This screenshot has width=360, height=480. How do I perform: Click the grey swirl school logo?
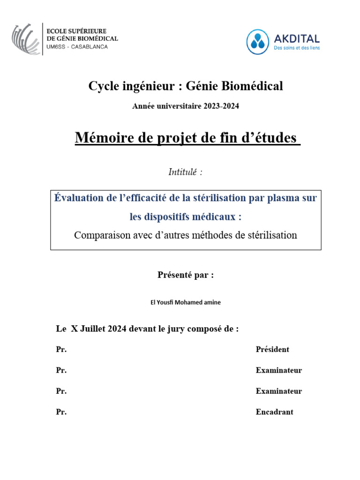[x=25, y=39]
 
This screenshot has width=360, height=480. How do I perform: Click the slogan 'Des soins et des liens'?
[x=297, y=48]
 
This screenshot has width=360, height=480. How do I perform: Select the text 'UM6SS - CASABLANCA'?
[x=77, y=47]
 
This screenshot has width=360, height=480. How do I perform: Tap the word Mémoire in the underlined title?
[x=103, y=138]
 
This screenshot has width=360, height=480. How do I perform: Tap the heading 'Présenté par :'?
[x=186, y=275]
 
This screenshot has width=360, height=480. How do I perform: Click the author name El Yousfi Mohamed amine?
[x=186, y=302]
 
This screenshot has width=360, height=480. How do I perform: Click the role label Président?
[x=272, y=349]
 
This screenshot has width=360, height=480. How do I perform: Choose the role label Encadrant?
[x=274, y=412]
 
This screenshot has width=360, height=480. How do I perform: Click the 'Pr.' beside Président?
[x=61, y=349]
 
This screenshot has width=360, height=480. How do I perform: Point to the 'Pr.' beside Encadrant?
[x=61, y=412]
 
